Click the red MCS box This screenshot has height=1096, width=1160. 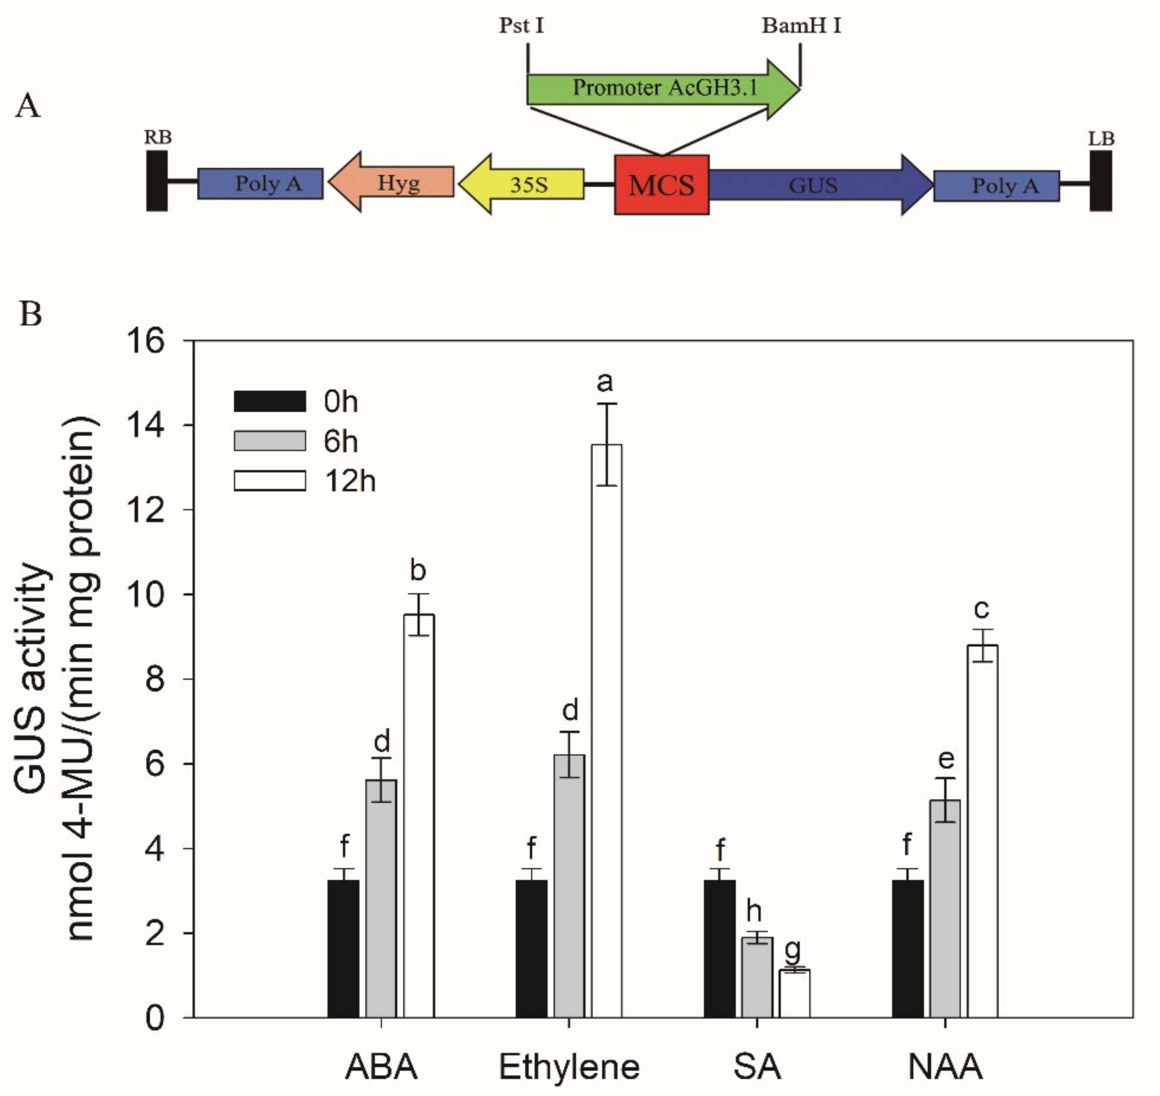pyautogui.click(x=661, y=184)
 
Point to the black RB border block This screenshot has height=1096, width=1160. pyautogui.click(x=157, y=180)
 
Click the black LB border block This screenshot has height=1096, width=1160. pyautogui.click(x=1100, y=180)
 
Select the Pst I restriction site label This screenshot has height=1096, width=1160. pyautogui.click(x=521, y=26)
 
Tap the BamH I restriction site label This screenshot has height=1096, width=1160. pyautogui.click(x=801, y=26)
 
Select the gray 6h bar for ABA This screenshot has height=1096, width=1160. pyautogui.click(x=381, y=900)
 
